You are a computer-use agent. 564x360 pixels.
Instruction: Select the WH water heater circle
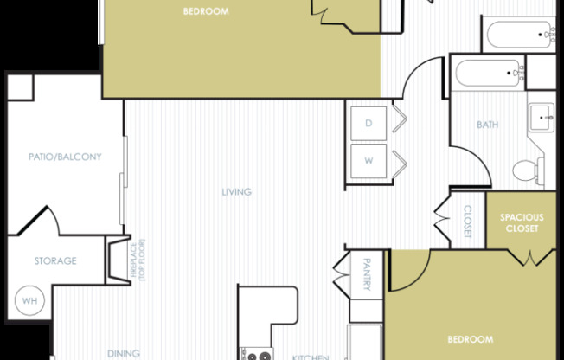[29, 301]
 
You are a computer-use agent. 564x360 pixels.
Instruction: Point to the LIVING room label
[236, 192]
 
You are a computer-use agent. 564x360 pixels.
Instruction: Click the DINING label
[123, 353]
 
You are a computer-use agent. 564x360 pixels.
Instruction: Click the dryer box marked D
[369, 124]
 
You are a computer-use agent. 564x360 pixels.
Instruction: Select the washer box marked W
[369, 161]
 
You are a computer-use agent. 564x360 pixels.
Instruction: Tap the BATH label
[487, 125]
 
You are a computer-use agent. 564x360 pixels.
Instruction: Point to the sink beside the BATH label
[541, 116]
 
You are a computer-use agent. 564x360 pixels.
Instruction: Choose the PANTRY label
[367, 273]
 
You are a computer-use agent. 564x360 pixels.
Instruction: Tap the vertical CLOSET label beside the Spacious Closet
[468, 222]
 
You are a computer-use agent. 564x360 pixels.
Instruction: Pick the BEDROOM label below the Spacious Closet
[471, 338]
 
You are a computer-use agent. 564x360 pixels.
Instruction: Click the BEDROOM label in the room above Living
[206, 11]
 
